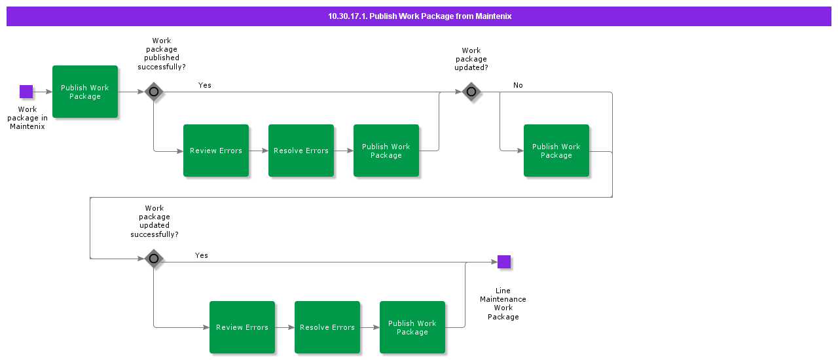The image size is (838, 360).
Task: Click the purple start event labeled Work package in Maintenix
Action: pos(26,92)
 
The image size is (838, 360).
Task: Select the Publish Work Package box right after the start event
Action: pos(85,92)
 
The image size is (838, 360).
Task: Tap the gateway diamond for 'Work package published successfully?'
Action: pos(154,92)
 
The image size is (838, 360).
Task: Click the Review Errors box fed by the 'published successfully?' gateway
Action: pos(216,151)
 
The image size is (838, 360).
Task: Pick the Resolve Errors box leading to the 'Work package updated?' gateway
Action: pos(301,151)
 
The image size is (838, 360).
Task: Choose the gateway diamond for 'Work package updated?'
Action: pos(471,92)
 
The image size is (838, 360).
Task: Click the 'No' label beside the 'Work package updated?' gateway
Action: pos(518,85)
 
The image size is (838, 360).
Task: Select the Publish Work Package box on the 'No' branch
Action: pos(556,151)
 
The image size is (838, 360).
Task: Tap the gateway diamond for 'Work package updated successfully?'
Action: pos(154,259)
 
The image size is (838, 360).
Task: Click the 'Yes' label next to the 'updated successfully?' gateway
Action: pos(202,255)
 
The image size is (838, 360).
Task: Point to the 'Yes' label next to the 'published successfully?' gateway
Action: pos(205,85)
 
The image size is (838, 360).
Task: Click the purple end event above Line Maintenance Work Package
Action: pos(503,262)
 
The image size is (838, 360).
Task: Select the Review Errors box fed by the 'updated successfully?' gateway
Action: pos(242,327)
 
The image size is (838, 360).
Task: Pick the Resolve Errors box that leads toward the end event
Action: pos(327,327)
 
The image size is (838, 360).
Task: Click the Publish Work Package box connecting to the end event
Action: pos(412,327)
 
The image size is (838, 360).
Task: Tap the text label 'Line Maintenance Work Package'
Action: pos(503,304)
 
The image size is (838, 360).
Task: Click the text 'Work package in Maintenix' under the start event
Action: pos(27,118)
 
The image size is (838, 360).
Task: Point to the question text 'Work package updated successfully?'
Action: pos(155,221)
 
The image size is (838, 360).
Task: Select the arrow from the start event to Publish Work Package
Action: pos(43,92)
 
